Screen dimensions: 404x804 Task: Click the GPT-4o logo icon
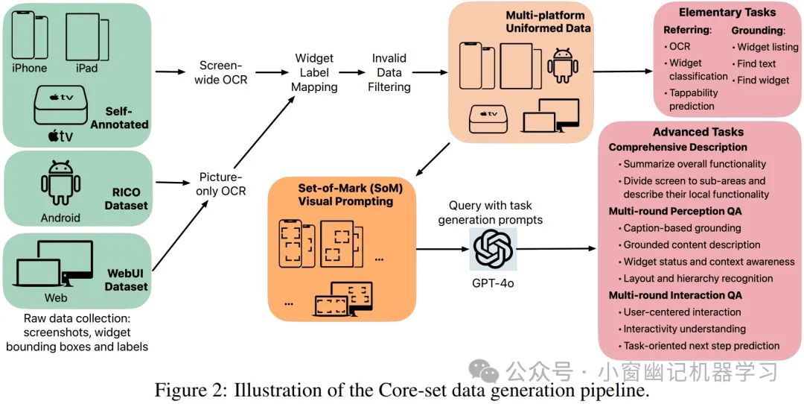point(492,248)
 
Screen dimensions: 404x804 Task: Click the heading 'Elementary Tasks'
point(727,13)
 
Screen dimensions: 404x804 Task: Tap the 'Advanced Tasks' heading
point(698,132)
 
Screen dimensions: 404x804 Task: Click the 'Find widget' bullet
point(762,80)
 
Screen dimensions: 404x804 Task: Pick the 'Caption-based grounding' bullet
point(682,228)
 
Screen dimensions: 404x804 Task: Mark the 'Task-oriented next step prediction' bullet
point(701,345)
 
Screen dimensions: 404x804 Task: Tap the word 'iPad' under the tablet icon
point(86,69)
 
